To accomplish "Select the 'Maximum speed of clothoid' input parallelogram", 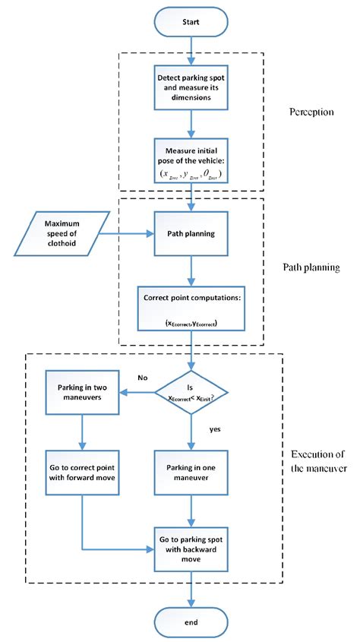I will [67, 233].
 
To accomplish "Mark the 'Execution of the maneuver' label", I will [319, 461].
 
